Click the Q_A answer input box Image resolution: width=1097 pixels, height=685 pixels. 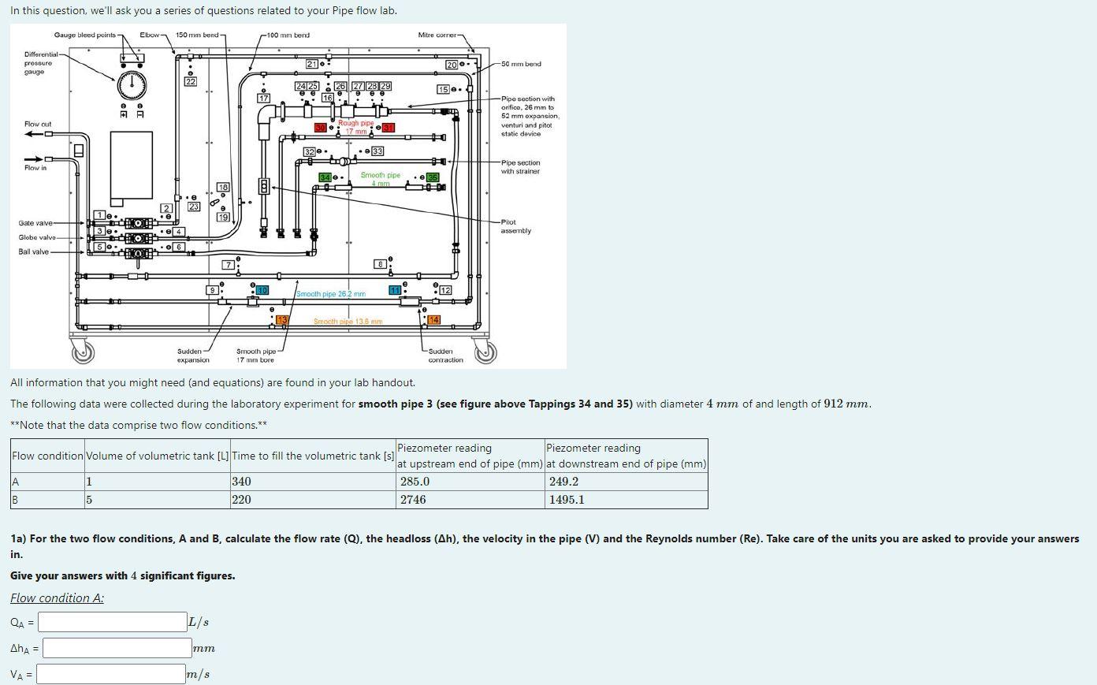coord(112,622)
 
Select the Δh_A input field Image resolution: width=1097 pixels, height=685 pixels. coord(117,648)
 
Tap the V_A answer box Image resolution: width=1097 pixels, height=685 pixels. coord(110,674)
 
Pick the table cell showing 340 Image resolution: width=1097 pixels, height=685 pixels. coord(312,482)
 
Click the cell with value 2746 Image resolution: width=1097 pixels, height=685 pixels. coord(470,500)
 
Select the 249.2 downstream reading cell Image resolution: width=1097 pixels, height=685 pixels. coord(627,482)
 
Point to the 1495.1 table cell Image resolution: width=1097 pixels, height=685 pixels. coord(627,500)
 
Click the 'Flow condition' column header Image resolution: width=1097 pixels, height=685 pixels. coord(47,456)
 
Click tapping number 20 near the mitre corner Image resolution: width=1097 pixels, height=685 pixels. coord(452,65)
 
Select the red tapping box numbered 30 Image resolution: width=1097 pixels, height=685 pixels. coord(321,128)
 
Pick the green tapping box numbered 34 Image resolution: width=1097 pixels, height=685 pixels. coord(325,177)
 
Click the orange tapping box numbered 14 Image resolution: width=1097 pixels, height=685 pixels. coord(433,320)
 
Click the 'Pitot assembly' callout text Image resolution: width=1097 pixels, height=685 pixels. coord(516,226)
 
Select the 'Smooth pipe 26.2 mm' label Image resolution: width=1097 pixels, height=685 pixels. coord(331,294)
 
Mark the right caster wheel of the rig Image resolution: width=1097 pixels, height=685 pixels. coord(485,352)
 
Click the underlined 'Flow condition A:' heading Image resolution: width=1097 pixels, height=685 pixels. coord(57,598)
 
